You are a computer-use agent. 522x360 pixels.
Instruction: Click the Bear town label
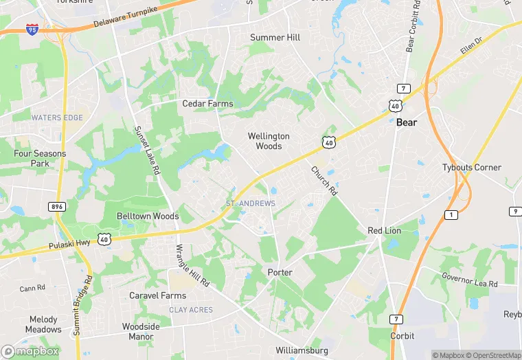tap(407, 122)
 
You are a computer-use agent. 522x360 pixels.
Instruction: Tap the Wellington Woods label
tap(269, 141)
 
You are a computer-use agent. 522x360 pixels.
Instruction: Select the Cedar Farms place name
tap(207, 104)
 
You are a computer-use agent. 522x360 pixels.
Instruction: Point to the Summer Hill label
tap(276, 37)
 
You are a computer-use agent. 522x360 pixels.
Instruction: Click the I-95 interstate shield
tap(32, 30)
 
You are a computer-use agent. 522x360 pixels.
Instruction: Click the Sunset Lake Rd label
tap(147, 150)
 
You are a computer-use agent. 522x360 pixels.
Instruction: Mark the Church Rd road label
tap(324, 181)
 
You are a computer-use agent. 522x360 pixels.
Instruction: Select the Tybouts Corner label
tap(472, 168)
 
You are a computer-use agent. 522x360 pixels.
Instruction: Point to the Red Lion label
tap(384, 230)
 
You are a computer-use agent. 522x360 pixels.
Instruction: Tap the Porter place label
tap(280, 273)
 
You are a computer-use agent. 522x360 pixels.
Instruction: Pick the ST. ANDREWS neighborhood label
tap(251, 203)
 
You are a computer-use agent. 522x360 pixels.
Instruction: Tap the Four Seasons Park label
tap(40, 159)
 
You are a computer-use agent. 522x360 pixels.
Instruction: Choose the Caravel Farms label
tap(158, 295)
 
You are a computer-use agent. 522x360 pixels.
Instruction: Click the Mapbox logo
tap(31, 351)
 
